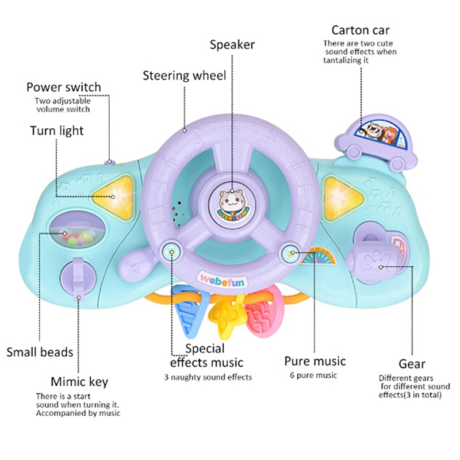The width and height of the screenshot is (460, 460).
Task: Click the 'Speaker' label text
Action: [232, 44]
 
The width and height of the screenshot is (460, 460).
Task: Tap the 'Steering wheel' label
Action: [185, 75]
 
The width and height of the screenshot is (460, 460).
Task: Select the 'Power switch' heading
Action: [63, 87]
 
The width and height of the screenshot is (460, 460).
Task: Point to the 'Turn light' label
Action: [57, 131]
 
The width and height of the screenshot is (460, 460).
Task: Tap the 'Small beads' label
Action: [40, 351]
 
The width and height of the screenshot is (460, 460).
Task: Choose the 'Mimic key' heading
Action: [79, 382]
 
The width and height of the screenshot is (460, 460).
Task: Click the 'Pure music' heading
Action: [315, 361]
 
